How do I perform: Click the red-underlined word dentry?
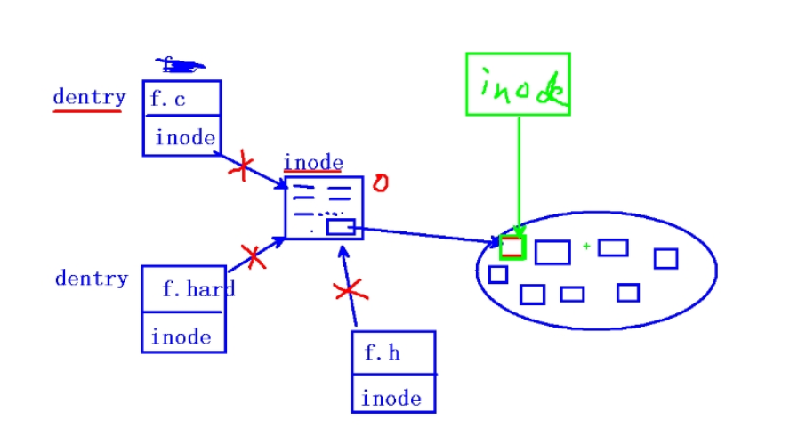89,97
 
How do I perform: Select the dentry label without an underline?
91,279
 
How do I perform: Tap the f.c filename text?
168,99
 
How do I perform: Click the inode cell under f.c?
184,137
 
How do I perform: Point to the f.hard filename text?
197,289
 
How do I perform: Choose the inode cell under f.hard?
181,337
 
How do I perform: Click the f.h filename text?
383,353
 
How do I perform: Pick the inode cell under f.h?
391,398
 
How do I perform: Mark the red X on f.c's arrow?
240,166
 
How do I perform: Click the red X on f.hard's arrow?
254,257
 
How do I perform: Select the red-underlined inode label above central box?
312,163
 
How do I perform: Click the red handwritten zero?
380,183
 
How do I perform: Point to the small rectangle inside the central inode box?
341,227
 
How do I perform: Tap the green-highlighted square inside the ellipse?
512,247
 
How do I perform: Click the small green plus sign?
586,245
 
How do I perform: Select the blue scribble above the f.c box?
180,63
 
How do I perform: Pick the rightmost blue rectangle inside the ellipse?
665,258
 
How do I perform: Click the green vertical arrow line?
520,169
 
